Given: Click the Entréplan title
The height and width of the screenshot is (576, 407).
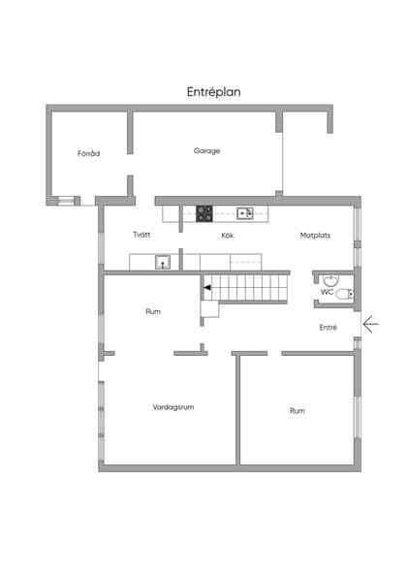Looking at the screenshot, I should coord(213,92).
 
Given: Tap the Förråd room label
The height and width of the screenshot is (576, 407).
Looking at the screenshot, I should coord(89,153).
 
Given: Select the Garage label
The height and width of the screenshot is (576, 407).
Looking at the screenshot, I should coord(206,150).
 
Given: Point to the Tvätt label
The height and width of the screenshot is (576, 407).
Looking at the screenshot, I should coord(141,235).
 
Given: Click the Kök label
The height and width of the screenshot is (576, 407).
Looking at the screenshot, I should coord(228,235).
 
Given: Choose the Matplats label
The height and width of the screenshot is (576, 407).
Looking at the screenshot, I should coord(315,235).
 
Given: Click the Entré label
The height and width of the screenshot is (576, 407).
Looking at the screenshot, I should coord(328,327).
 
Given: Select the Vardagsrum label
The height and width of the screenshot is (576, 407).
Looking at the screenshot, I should coord(173,407).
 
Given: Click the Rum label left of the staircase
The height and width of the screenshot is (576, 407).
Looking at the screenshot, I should coord(153,311).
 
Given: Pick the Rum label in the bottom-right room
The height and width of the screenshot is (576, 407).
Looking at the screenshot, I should coord(297,411).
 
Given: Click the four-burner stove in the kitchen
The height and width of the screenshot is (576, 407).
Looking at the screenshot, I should coord(204,213).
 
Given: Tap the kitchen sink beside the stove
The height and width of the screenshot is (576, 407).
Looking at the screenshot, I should coord(244,213).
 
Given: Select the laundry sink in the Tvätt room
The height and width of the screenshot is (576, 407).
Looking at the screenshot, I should coord(163,260).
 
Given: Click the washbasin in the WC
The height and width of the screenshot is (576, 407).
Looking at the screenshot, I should coord(330,277).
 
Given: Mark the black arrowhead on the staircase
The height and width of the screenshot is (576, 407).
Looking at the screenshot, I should coord(207,287).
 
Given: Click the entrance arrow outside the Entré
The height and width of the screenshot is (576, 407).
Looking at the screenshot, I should coord(369,323).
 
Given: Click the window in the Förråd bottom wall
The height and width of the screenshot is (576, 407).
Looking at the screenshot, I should coord(66,201).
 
